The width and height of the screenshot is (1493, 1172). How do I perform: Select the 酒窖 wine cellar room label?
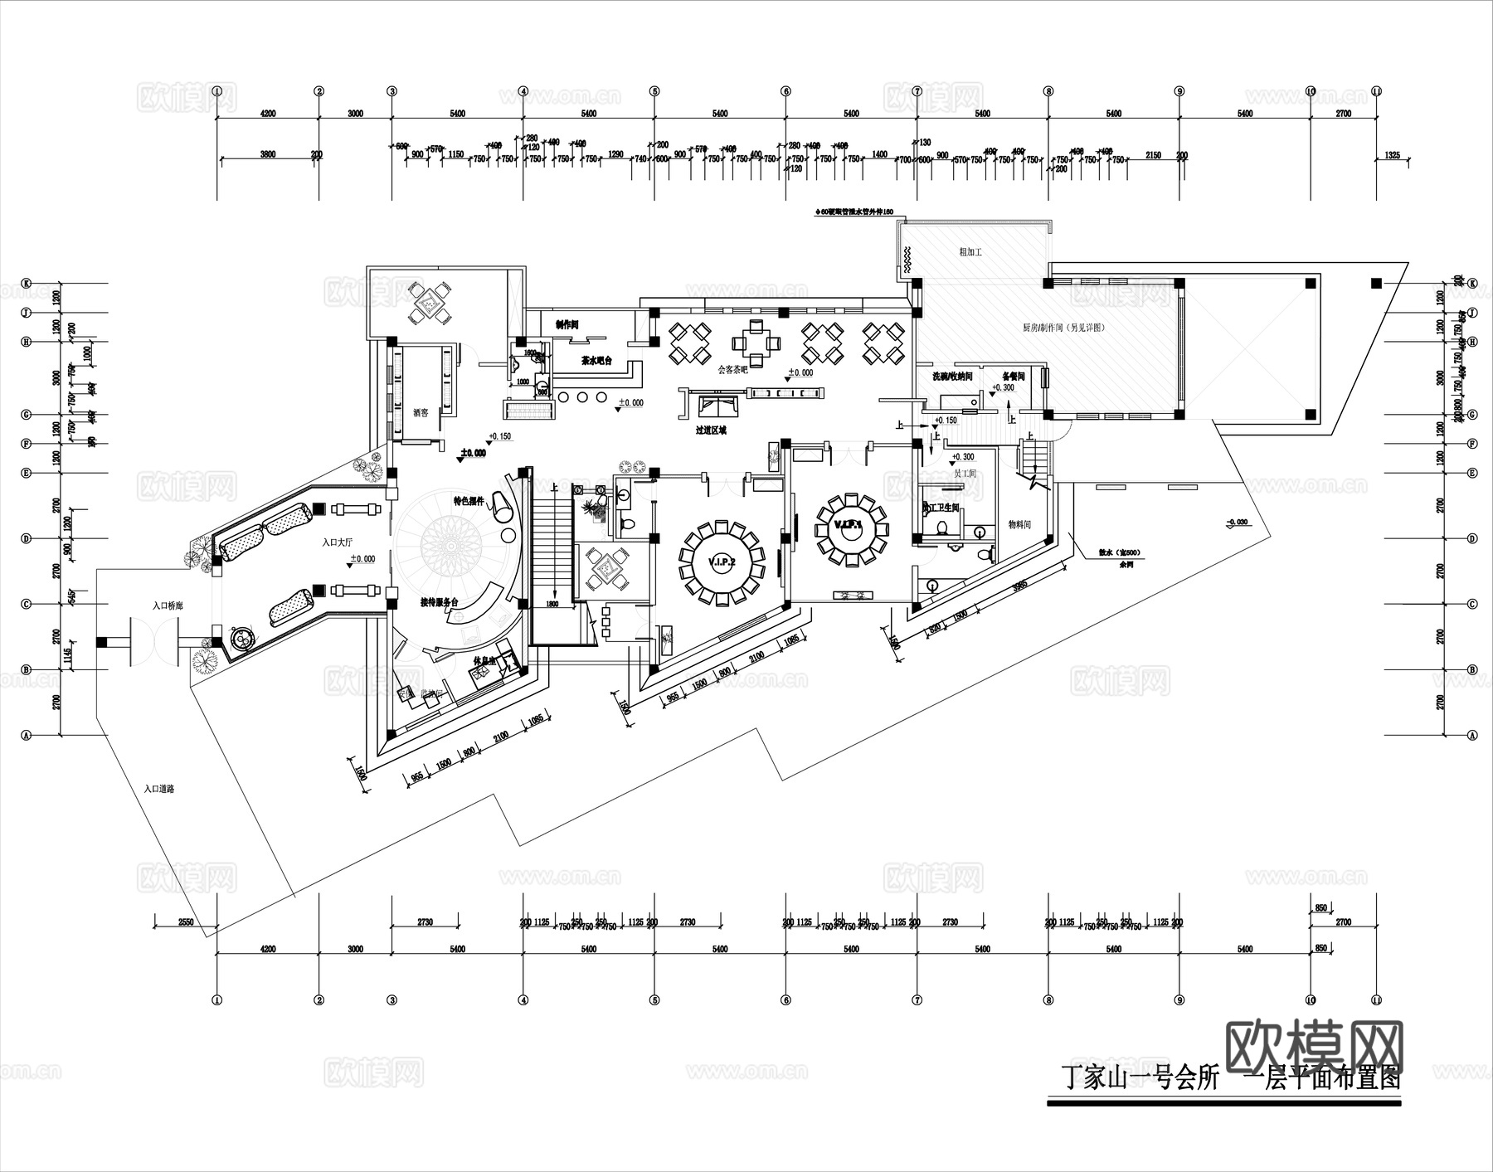421,412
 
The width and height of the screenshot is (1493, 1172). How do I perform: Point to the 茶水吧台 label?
596,361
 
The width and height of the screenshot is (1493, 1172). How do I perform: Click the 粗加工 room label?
970,251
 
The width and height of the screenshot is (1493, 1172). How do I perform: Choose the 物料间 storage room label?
1019,524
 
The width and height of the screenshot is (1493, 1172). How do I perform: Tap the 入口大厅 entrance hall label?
338,542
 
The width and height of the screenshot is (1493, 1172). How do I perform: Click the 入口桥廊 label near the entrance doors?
168,606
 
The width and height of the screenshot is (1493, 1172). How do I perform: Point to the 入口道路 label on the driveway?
158,789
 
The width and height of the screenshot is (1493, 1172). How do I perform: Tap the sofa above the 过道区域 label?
718,406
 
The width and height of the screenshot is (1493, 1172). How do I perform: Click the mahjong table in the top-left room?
431,303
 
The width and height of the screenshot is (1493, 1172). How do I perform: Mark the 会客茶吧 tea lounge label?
732,369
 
